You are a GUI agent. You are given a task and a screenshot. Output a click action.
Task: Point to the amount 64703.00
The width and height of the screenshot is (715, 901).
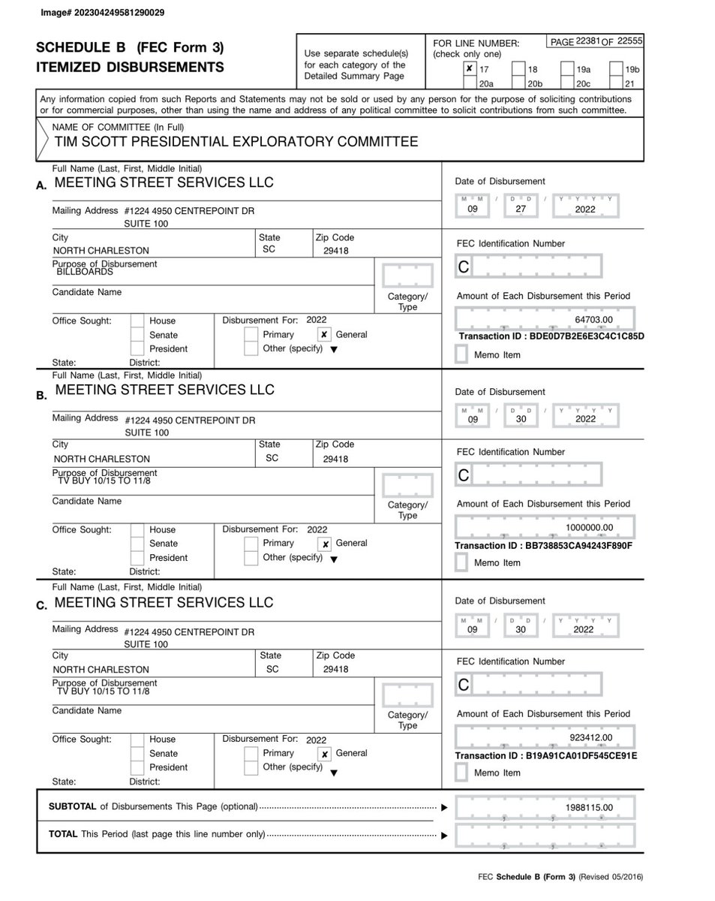click(593, 320)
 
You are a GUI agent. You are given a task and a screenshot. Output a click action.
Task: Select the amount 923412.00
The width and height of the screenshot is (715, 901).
click(592, 738)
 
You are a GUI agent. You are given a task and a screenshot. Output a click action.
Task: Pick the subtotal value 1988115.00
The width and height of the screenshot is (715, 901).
click(589, 807)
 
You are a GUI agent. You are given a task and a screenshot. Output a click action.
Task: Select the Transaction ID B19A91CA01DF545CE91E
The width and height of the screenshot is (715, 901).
click(546, 755)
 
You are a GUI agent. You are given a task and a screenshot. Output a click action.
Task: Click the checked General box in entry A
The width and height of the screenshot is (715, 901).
click(323, 335)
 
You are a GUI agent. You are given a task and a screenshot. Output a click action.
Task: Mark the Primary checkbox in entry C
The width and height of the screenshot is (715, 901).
click(251, 754)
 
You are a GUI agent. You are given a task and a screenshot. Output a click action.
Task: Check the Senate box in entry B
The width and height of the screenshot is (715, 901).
click(137, 544)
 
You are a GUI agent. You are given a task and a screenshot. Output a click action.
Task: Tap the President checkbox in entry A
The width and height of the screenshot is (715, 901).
click(137, 349)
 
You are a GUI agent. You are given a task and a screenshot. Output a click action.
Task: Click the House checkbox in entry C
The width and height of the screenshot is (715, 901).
click(137, 740)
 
